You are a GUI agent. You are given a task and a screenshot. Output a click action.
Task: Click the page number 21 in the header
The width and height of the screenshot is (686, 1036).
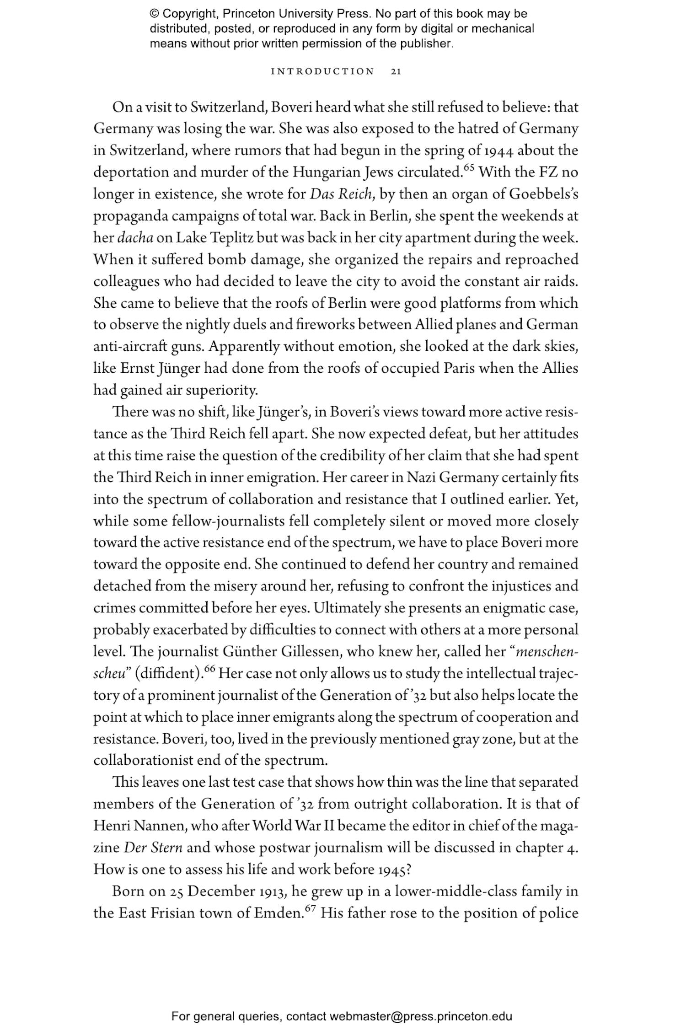coord(396,71)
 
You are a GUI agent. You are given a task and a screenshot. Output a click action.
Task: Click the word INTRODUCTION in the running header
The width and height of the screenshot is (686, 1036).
coord(323,71)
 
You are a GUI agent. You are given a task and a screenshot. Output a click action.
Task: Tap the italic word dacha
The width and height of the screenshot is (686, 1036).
coord(135,238)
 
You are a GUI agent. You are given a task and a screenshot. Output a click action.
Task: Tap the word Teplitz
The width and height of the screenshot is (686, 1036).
coord(226,238)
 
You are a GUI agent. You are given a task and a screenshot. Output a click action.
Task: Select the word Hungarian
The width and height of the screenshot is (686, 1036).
coord(327,173)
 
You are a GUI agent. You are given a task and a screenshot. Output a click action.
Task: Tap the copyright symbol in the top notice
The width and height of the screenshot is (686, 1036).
coord(154,14)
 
